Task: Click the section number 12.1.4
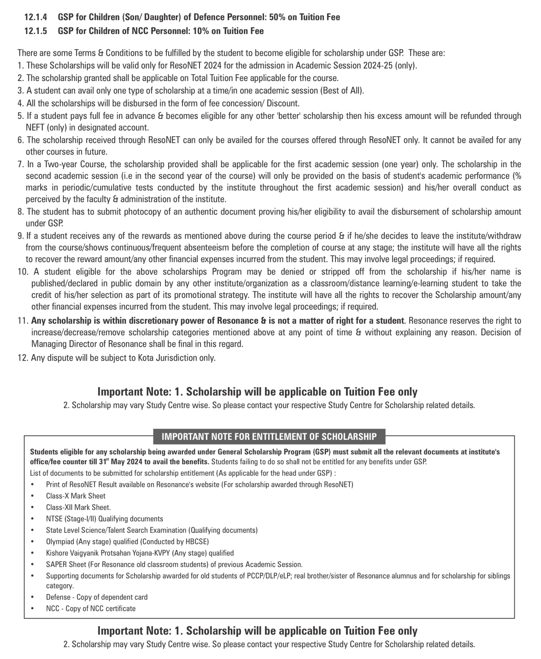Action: point(35,17)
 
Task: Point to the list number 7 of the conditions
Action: point(20,164)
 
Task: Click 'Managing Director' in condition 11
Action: point(62,344)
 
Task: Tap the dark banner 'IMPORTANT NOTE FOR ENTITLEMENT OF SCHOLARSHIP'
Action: point(269,437)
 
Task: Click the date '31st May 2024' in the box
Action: point(121,461)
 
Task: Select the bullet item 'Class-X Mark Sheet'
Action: point(76,496)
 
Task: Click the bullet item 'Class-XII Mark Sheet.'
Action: point(78,507)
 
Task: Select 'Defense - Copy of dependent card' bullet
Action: point(97,597)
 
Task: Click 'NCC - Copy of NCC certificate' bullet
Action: point(91,608)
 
